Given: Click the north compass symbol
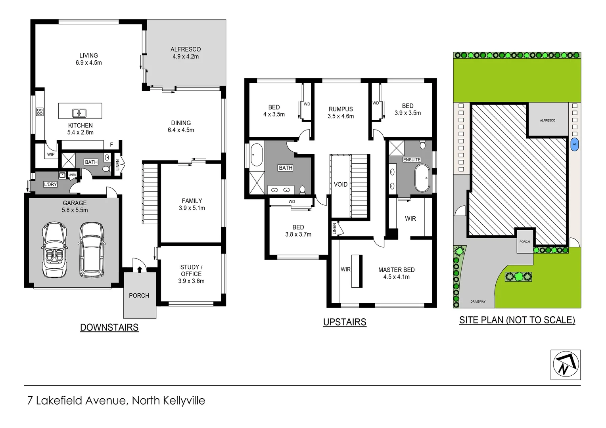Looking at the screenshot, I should tap(566, 365).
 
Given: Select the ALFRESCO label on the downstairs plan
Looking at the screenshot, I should tap(186, 50).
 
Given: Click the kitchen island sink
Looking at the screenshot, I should tap(79, 113).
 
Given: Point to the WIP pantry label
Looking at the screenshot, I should tap(51, 155).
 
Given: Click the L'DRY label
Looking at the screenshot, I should tap(50, 184).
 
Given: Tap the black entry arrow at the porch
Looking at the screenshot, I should tap(140, 269).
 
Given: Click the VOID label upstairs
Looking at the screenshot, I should tap(340, 184).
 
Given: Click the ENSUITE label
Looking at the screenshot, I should tap(412, 160).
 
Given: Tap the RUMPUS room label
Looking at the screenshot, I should tap(340, 109).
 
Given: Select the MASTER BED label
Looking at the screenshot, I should tap(396, 270).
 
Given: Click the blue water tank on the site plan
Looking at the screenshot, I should tap(574, 144).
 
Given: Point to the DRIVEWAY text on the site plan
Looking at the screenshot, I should tap(478, 302).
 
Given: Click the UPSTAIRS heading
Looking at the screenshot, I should tap(345, 322).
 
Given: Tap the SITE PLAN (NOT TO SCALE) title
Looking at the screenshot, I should tap(517, 320).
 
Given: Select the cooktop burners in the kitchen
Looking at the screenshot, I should tap(40, 112).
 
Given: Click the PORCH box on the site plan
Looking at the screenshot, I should tap(524, 241).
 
